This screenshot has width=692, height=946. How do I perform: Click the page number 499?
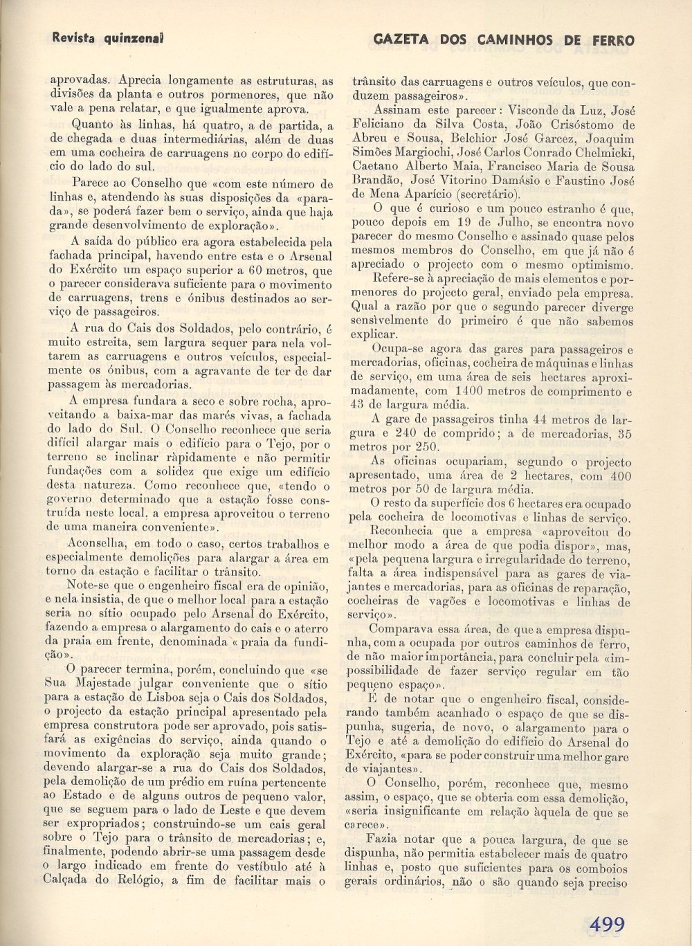pos(607,923)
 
